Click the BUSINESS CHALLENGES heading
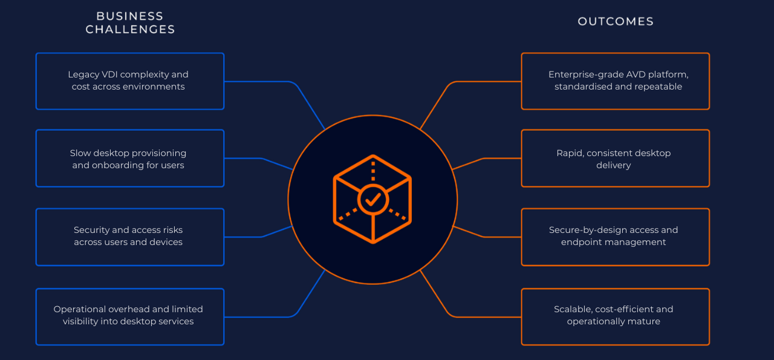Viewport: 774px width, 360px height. pos(130,22)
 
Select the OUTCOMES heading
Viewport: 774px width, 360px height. pos(616,22)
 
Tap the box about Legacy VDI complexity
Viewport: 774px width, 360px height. pos(130,81)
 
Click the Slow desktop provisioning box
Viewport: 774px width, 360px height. pos(130,159)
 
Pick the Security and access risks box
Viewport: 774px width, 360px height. pos(130,237)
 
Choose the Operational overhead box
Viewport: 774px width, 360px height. pos(130,316)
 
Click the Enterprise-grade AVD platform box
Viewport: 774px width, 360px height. pos(615,81)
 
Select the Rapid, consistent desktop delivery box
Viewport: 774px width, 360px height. pos(615,159)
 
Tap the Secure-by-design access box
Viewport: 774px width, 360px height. pos(615,237)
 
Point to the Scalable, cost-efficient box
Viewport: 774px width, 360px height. pos(615,316)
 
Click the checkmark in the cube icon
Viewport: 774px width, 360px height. pos(373,198)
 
